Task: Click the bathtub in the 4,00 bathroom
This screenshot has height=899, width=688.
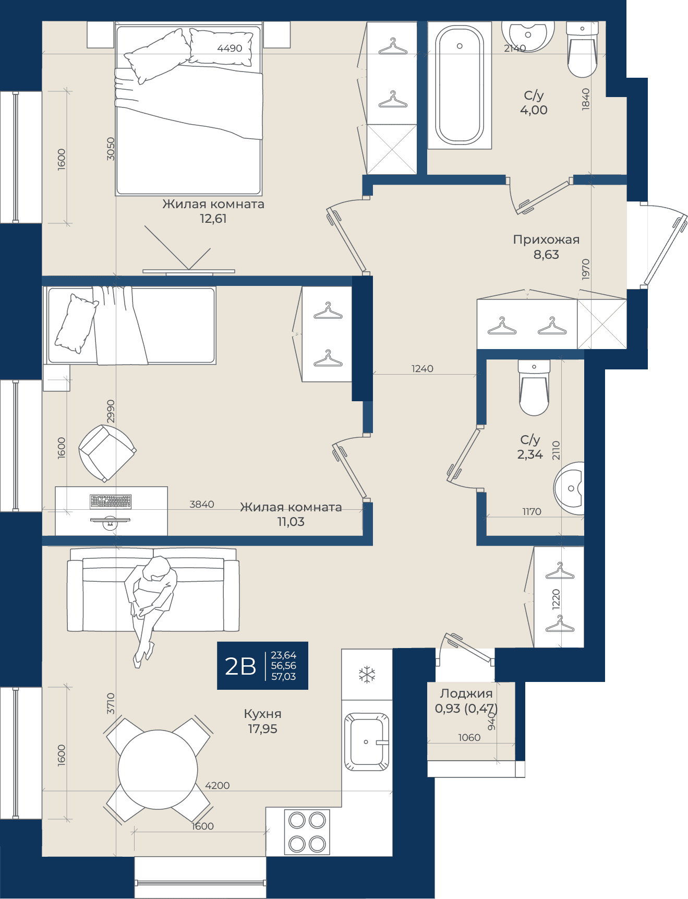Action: (460, 85)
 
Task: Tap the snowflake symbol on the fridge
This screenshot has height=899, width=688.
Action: (367, 674)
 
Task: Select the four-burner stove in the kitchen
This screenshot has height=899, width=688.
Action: (307, 832)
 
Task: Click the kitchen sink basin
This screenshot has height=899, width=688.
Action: (367, 741)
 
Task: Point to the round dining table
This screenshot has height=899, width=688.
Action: (158, 770)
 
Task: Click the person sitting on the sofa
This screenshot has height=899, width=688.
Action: (150, 608)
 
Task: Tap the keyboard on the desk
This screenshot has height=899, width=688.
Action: (111, 501)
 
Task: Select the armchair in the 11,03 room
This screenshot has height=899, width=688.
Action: (107, 453)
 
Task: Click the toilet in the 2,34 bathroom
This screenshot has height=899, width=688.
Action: (534, 388)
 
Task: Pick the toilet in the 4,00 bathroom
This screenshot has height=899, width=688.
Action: (582, 50)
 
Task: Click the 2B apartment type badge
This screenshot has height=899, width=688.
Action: (262, 666)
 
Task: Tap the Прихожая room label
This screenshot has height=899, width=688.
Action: (546, 239)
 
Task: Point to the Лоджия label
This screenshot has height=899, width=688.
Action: (466, 693)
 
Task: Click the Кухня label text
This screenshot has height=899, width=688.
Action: (262, 714)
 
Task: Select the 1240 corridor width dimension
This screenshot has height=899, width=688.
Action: (423, 369)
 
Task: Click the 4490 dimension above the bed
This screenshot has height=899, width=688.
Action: (230, 49)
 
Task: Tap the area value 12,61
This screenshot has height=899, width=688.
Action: (213, 219)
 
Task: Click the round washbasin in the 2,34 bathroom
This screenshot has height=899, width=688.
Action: (569, 488)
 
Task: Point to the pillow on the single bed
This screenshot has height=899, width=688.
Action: (76, 323)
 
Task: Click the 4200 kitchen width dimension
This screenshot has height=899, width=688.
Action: (218, 785)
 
